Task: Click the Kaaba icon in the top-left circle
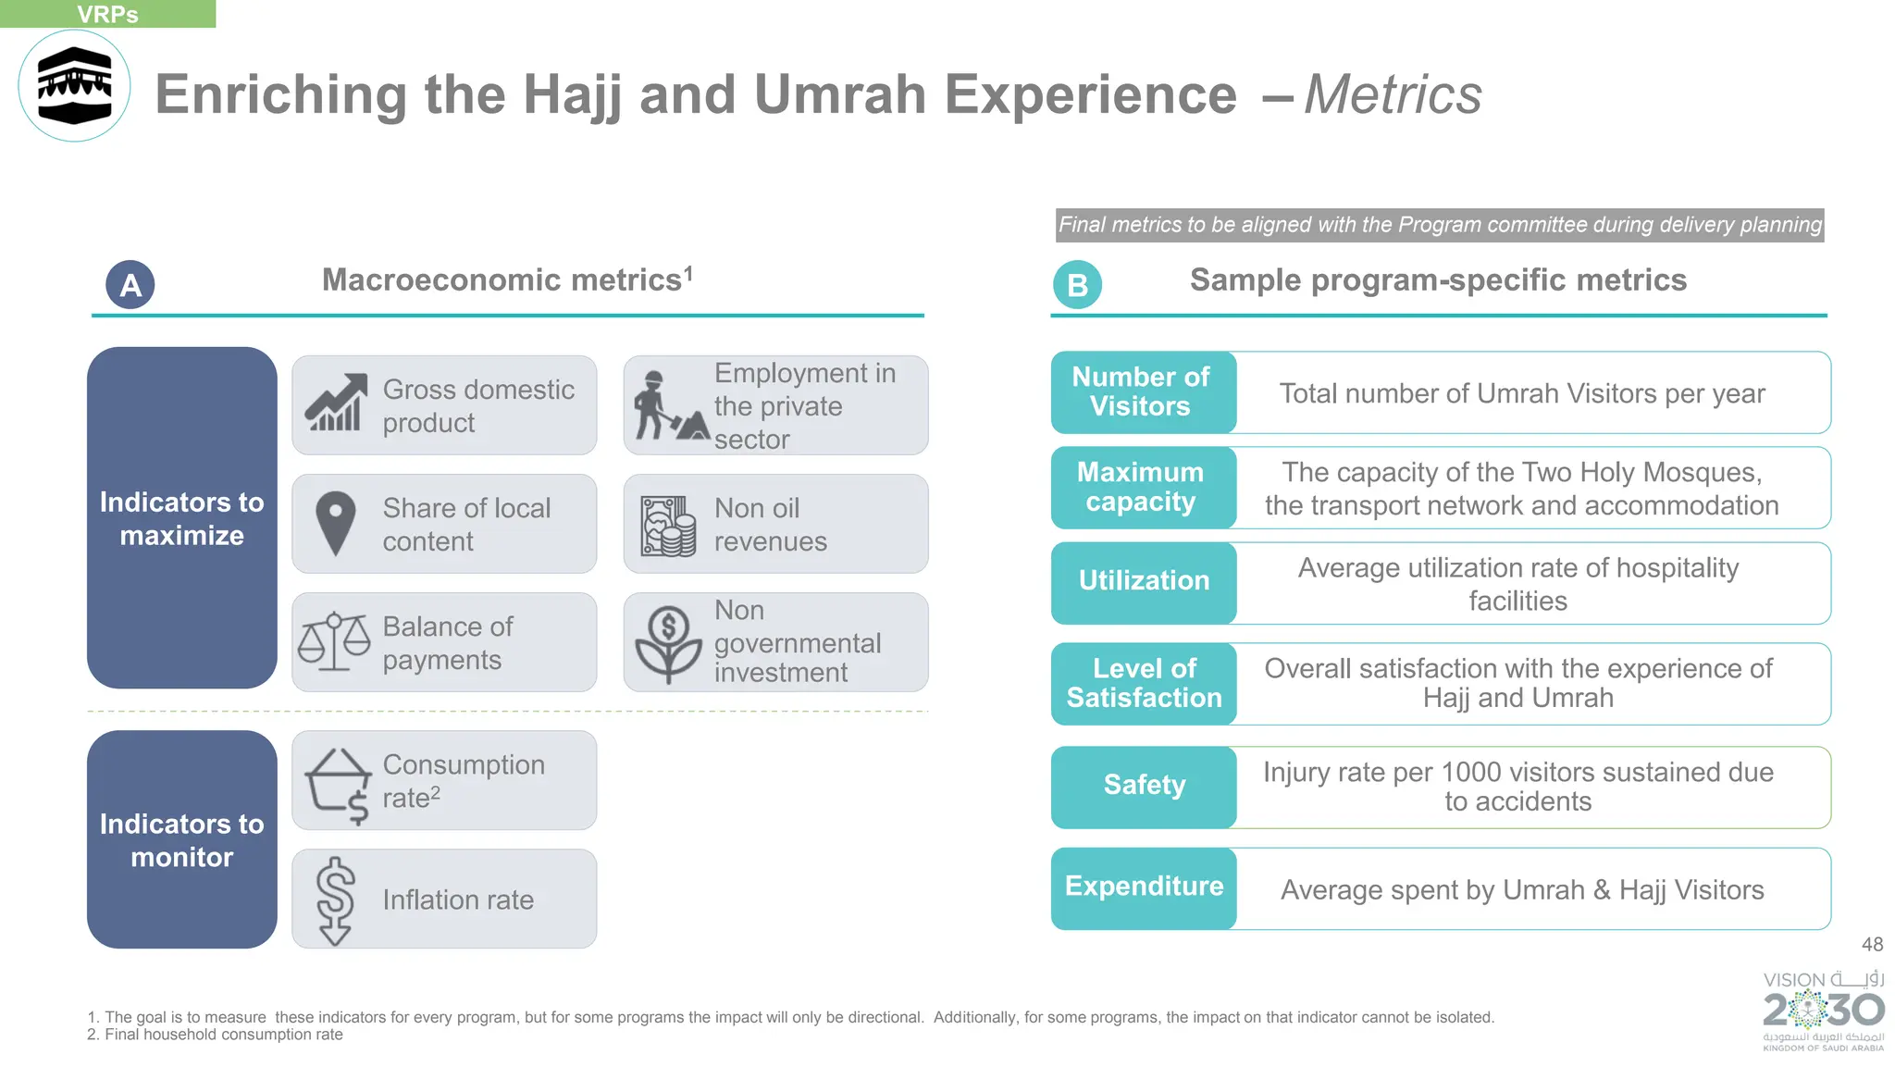tap(74, 86)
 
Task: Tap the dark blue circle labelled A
tap(130, 285)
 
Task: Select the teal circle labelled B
tap(1077, 285)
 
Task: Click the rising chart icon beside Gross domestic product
tap(335, 403)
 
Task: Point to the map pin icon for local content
tap(335, 523)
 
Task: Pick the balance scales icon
tap(334, 641)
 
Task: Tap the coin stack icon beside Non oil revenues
tap(668, 526)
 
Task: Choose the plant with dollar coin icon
tap(668, 644)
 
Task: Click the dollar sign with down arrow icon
tap(335, 900)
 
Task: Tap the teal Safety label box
tap(1144, 786)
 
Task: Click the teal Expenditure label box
tap(1144, 887)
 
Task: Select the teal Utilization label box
tap(1144, 582)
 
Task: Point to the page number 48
tap(1872, 944)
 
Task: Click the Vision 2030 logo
tap(1823, 1011)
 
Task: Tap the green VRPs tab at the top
tap(107, 14)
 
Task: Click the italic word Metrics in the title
tap(1393, 94)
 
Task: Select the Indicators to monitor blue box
tap(182, 839)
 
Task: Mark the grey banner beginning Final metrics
tap(1440, 225)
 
